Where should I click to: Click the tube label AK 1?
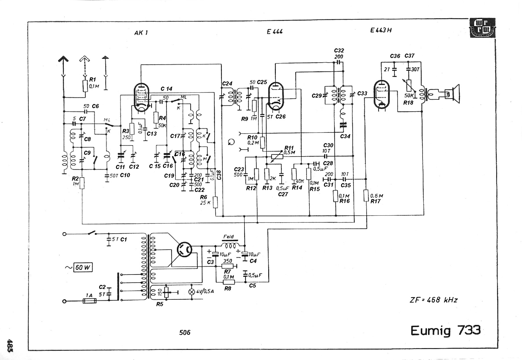[141, 33]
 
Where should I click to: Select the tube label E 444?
[275, 32]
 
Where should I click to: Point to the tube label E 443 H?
[381, 30]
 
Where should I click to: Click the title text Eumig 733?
[445, 330]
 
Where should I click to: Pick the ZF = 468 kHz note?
[434, 300]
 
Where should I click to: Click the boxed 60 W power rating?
[83, 267]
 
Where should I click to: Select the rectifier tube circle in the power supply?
[184, 250]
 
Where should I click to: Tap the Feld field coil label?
[229, 237]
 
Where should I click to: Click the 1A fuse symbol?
[89, 301]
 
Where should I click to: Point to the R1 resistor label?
[93, 79]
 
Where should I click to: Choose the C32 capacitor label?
[339, 51]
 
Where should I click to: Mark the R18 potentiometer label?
[408, 103]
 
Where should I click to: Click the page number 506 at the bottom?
[185, 332]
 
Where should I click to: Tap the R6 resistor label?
[204, 197]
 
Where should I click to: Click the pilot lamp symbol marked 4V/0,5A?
[191, 292]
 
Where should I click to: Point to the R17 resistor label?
[375, 201]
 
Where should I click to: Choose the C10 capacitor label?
[125, 175]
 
